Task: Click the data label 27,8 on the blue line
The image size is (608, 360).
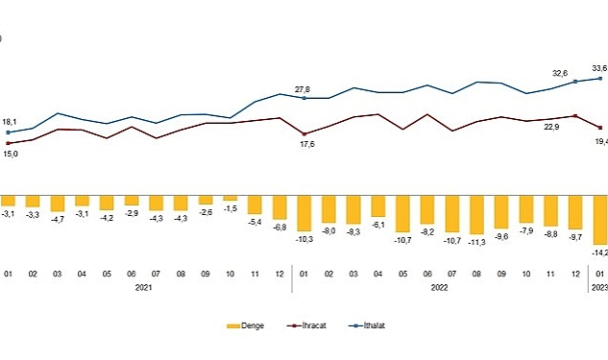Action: click(x=304, y=87)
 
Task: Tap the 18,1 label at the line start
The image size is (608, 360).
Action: click(x=10, y=122)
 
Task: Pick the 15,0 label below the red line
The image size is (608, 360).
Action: click(x=10, y=153)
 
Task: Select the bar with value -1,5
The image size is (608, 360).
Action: click(x=230, y=197)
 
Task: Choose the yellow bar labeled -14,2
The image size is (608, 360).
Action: click(x=600, y=219)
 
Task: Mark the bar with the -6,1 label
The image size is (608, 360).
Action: click(x=378, y=204)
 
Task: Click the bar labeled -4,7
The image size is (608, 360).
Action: click(x=58, y=202)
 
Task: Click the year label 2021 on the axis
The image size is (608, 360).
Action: click(x=144, y=286)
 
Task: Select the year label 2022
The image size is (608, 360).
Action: click(x=440, y=286)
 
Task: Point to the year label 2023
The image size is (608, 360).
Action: click(x=598, y=286)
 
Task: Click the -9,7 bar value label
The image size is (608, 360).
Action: click(x=575, y=235)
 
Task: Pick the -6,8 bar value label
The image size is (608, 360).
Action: click(x=280, y=228)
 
